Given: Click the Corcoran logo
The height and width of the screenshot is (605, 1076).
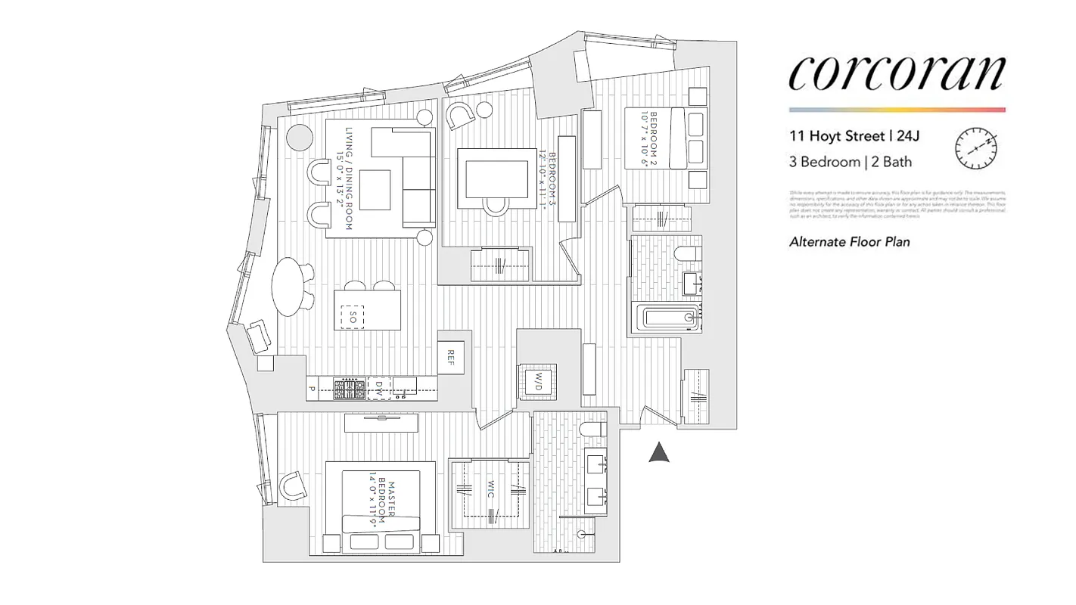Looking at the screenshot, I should [897, 73].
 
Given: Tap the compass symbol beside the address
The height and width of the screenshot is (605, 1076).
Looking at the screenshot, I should [976, 149].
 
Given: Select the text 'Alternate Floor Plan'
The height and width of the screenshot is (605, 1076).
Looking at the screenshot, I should [849, 242].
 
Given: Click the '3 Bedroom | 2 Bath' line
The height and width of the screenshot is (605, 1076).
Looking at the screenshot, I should [850, 162].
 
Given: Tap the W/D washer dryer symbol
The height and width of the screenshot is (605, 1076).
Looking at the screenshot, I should [536, 382].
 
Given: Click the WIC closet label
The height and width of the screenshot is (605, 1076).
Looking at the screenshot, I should [490, 489].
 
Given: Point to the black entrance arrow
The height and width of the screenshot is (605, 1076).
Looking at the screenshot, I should [660, 452].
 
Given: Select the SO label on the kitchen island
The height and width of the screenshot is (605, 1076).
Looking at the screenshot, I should [352, 317].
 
